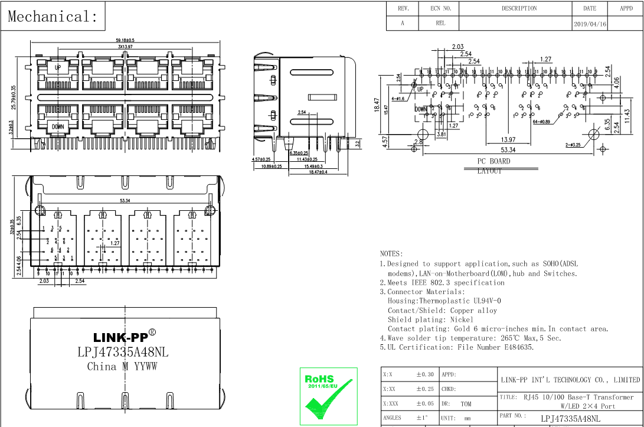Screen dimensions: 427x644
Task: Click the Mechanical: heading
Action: pos(53,16)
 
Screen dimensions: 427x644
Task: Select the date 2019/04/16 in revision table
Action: pos(589,24)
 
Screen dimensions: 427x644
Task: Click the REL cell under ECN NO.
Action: pos(440,24)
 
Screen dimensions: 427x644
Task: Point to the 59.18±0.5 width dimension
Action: pos(125,40)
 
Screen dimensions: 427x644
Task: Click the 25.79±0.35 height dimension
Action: pos(14,97)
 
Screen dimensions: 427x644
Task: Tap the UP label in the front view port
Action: pos(58,68)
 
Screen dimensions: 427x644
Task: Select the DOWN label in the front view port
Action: pos(58,126)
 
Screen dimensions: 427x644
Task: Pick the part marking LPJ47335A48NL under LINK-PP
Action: pos(123,352)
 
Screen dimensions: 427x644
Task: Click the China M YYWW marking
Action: pos(122,366)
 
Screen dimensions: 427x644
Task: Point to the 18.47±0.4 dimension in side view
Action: pos(318,172)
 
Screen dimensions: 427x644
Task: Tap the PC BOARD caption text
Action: pos(493,161)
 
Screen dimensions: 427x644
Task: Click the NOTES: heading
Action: pos(391,253)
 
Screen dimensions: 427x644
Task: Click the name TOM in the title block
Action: pos(466,404)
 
